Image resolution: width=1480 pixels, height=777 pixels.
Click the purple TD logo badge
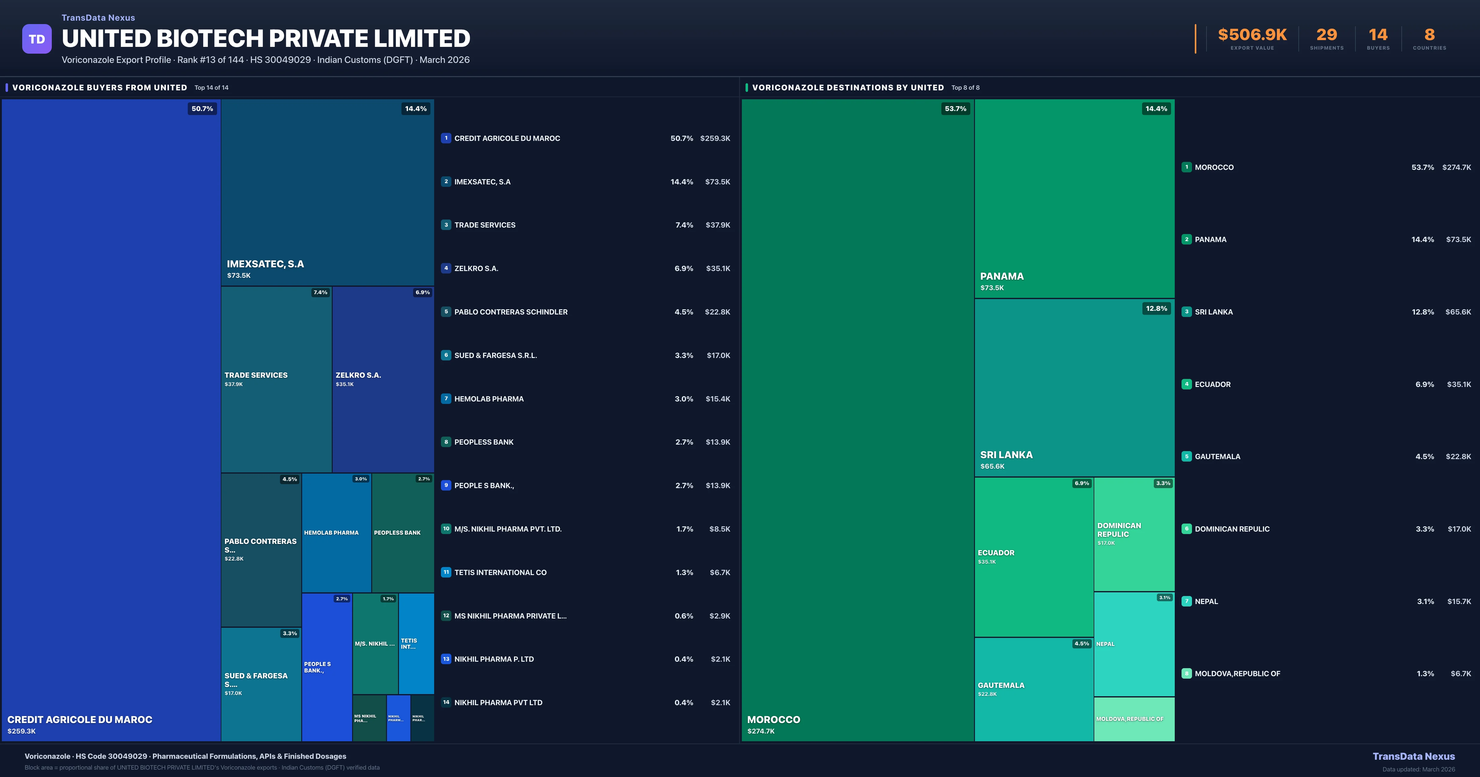point(37,39)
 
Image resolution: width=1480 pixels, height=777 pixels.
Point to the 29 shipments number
point(1326,35)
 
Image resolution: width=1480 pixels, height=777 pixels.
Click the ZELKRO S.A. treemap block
point(383,379)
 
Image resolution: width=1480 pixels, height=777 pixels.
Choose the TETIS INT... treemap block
point(416,644)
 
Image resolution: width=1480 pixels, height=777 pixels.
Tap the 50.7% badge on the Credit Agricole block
point(202,109)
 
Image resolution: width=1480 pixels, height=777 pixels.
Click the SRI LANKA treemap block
point(1074,388)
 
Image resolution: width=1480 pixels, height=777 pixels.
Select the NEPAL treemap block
point(1134,644)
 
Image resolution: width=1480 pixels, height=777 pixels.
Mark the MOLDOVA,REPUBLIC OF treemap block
point(1134,719)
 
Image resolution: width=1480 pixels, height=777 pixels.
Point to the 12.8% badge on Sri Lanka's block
point(1156,309)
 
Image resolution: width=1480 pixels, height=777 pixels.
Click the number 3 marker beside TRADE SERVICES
point(446,225)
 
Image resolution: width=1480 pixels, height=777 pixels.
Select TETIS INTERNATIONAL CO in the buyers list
point(500,572)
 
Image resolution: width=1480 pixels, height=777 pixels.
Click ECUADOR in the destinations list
point(1212,384)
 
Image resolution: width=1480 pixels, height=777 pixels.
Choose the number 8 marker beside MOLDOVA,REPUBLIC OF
point(1186,673)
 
